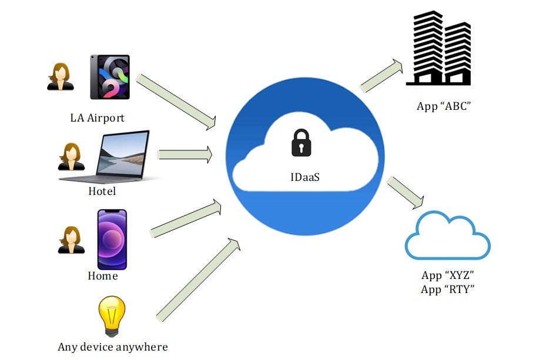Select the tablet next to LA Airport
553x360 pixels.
(110, 77)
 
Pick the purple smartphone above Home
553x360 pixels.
(112, 239)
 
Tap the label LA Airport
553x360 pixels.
(97, 118)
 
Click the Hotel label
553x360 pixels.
(102, 191)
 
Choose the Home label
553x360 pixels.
(102, 275)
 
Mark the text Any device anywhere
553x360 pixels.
(112, 346)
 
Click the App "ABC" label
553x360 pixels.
(444, 107)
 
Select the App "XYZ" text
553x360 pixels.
(448, 275)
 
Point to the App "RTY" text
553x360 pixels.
(448, 289)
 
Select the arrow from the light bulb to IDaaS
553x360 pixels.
(197, 279)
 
